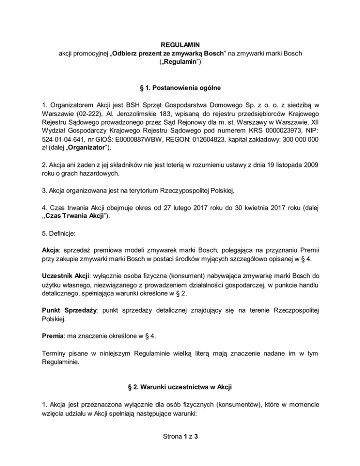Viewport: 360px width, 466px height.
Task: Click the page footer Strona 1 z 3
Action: pos(180,451)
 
